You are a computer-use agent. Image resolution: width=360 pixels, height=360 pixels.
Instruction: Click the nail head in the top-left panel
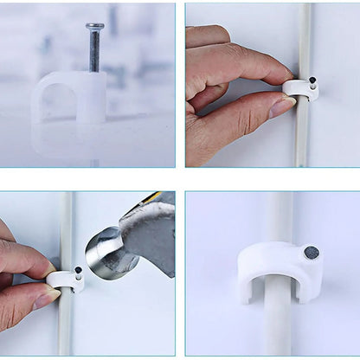[94, 26]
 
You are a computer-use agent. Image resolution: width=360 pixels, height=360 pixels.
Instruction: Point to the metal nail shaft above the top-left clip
[94, 52]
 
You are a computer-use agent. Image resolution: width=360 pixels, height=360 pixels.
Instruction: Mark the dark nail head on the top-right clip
[312, 80]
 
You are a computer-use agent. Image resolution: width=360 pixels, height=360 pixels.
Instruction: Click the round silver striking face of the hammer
[105, 254]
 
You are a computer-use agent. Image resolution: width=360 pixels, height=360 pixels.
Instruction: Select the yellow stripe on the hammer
[154, 198]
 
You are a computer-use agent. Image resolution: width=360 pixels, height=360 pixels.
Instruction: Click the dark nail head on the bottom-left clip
[77, 270]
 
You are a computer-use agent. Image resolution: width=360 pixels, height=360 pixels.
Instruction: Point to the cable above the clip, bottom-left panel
[67, 225]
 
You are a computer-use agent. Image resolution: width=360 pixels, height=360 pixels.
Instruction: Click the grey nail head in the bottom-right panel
[311, 253]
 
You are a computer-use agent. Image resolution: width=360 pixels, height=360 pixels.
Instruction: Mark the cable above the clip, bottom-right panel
[280, 216]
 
